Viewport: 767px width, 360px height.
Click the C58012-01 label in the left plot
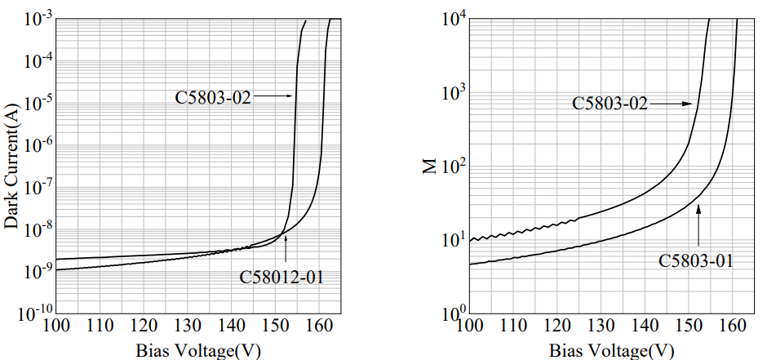(x=282, y=276)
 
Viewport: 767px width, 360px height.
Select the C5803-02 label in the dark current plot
(x=213, y=96)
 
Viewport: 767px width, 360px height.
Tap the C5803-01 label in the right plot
(x=696, y=261)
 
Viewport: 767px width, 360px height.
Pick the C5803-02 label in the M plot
(x=610, y=104)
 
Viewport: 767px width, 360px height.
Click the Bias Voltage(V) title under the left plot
(x=198, y=351)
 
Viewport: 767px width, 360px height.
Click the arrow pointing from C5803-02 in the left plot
(x=273, y=96)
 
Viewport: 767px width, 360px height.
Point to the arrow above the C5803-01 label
(x=698, y=221)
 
